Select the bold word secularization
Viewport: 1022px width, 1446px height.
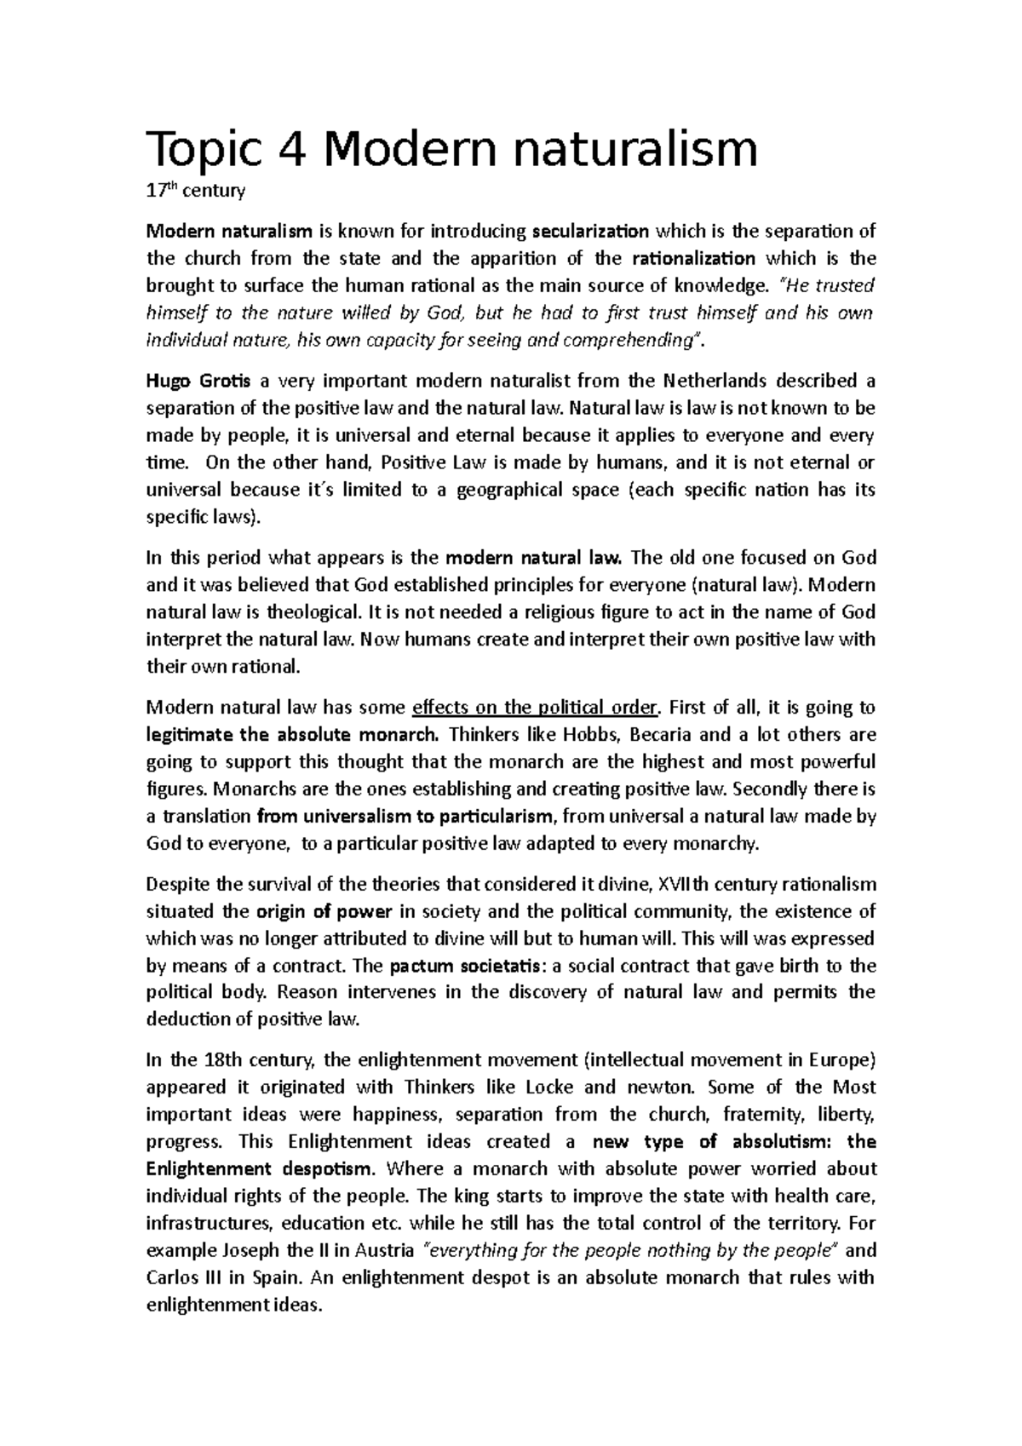[590, 232]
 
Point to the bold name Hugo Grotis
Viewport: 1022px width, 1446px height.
[198, 381]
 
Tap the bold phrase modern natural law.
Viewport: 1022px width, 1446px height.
[536, 558]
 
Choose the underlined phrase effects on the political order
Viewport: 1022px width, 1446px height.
[536, 708]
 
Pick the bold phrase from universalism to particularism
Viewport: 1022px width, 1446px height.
[405, 817]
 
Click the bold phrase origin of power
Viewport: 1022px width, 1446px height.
[324, 912]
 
